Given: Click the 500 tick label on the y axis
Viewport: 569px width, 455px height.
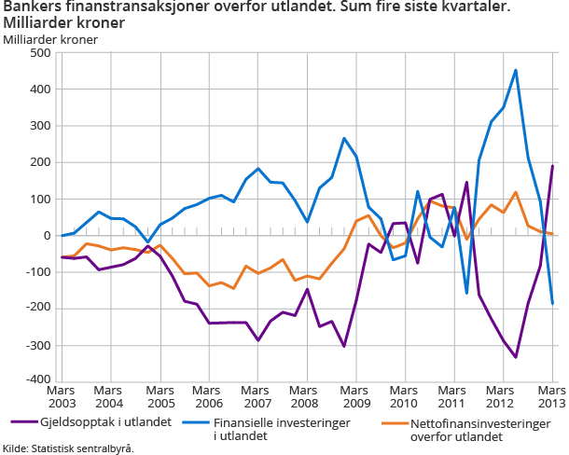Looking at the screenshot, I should (x=38, y=53).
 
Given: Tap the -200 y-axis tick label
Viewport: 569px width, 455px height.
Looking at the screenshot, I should (x=36, y=309).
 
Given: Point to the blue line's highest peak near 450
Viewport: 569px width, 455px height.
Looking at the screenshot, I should (x=516, y=70).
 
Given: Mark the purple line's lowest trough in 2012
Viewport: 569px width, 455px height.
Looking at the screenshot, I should (x=516, y=357).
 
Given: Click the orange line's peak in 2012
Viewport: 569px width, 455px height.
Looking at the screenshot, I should (x=516, y=192).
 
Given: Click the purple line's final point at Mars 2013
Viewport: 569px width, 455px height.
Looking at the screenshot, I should (x=552, y=166).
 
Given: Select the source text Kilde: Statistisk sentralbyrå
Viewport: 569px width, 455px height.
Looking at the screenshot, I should (x=68, y=448).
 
